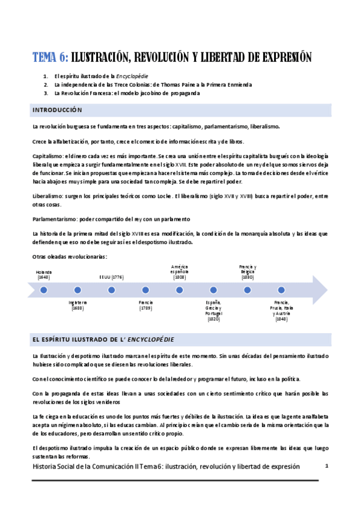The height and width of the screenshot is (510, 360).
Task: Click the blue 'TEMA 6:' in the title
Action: click(50, 58)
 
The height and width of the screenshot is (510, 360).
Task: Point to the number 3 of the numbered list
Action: click(46, 93)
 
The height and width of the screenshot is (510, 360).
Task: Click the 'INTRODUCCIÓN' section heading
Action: click(57, 111)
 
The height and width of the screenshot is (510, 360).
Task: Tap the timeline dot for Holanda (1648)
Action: click(44, 290)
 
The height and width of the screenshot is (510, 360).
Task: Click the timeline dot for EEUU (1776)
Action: click(111, 290)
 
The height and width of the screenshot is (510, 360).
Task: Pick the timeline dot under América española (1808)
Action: click(179, 290)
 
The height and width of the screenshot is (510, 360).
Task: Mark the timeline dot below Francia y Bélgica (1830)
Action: click(247, 290)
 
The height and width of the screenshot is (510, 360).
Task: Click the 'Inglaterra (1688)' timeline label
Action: click(78, 305)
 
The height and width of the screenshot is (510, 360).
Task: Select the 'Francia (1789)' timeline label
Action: click(145, 305)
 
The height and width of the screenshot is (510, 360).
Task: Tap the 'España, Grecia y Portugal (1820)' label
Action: click(213, 310)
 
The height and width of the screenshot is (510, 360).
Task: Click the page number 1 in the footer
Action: click(326, 465)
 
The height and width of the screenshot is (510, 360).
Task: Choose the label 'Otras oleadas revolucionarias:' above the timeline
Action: click(70, 257)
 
